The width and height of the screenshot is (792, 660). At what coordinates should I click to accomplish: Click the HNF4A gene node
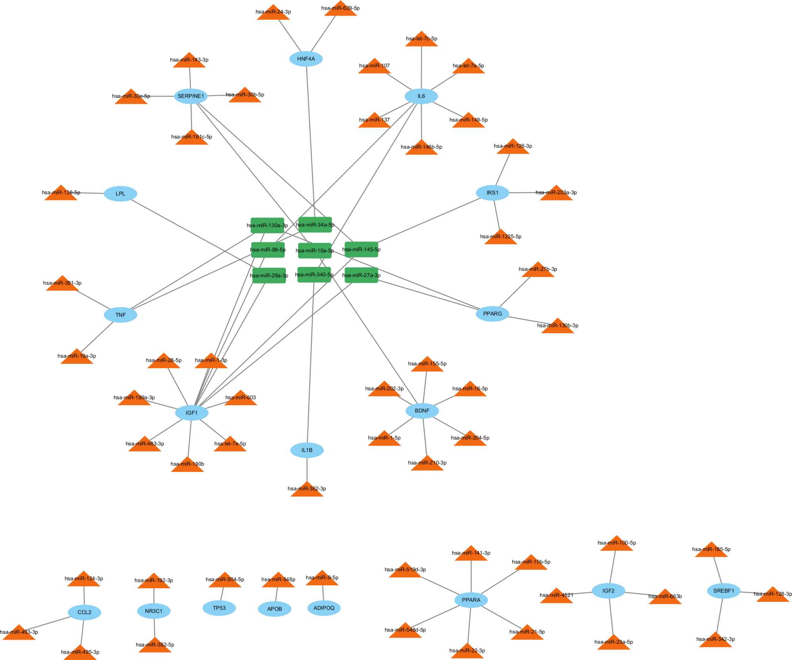pyautogui.click(x=306, y=59)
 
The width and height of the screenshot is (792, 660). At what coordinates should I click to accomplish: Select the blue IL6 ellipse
pyautogui.click(x=421, y=96)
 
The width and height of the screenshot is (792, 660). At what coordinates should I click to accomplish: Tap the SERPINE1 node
pyautogui.click(x=190, y=96)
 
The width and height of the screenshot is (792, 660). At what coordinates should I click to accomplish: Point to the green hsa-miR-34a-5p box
pyautogui.click(x=315, y=224)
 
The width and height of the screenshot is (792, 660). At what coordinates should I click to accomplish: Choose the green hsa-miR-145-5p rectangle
pyautogui.click(x=361, y=249)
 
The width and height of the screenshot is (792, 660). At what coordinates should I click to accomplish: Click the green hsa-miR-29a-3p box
pyautogui.click(x=269, y=276)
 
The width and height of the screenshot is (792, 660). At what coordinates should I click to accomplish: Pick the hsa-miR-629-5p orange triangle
pyautogui.click(x=341, y=10)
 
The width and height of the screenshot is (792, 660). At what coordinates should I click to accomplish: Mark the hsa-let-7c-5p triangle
pyautogui.click(x=421, y=40)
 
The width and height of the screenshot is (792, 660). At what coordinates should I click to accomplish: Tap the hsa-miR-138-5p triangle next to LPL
pyautogui.click(x=61, y=194)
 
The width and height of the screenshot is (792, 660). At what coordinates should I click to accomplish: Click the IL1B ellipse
pyautogui.click(x=307, y=450)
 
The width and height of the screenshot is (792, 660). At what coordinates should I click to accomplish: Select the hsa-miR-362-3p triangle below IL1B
pyautogui.click(x=307, y=490)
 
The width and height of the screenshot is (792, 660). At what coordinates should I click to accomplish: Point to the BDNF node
pyautogui.click(x=422, y=411)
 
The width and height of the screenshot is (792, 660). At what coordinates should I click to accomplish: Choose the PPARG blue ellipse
pyautogui.click(x=492, y=314)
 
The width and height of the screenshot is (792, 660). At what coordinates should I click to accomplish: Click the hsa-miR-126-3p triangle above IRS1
pyautogui.click(x=513, y=147)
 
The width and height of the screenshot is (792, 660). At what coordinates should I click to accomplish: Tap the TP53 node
pyautogui.click(x=219, y=608)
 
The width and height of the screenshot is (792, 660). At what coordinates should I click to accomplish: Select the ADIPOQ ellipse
pyautogui.click(x=324, y=608)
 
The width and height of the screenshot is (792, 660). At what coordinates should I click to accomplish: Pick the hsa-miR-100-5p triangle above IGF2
pyautogui.click(x=617, y=544)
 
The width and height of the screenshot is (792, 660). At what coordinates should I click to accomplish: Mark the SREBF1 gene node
pyautogui.click(x=723, y=591)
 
